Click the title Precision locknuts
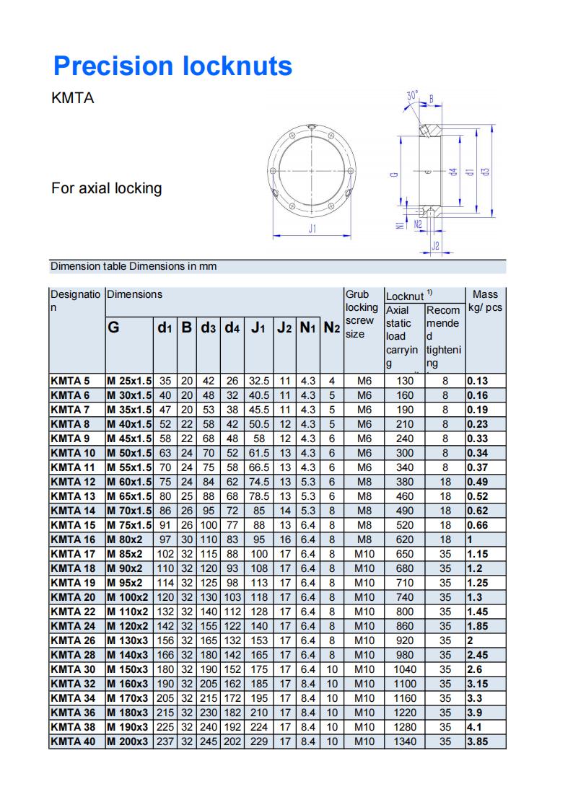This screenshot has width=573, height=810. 172,66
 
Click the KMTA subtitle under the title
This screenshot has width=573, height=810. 73,98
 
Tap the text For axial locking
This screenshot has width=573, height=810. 106,188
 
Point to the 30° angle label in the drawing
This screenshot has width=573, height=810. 412,95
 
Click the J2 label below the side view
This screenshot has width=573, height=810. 435,246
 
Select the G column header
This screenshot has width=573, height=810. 113,327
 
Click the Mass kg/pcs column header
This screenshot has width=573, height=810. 485,301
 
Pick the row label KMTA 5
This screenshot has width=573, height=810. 71,381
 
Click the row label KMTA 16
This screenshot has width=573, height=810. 74,540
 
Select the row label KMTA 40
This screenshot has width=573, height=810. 74,741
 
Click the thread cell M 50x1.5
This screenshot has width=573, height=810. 129,453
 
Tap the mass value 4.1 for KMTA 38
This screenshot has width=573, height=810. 475,727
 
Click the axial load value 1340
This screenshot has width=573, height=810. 404,741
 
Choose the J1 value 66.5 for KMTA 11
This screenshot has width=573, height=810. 258,467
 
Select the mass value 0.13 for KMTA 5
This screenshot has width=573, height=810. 477,381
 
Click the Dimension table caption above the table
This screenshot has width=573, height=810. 134,266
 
